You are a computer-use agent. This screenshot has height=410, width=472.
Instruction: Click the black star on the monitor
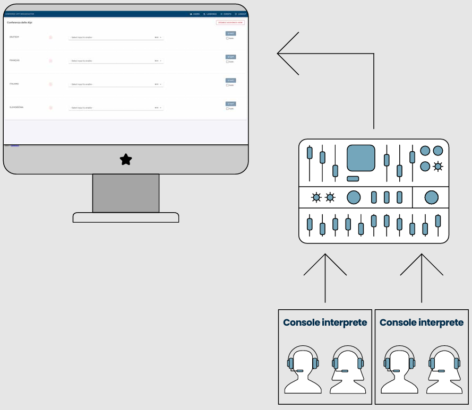pos(126,159)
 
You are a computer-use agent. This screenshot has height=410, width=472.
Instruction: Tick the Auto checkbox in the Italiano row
pos(227,85)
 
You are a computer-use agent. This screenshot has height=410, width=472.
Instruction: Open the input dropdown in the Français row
pos(116,61)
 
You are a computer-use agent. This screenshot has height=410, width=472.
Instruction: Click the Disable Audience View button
pos(230,23)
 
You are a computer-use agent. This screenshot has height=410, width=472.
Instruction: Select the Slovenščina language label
pos(16,107)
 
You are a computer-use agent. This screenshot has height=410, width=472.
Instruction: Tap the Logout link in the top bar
pos(241,14)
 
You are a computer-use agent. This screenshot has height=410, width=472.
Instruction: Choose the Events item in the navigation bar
pos(226,14)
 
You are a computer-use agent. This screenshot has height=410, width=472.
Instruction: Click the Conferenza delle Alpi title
pos(20,23)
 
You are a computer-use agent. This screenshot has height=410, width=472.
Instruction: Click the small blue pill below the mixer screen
pos(353,179)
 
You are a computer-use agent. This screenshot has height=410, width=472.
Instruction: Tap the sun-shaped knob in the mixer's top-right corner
pos(437,167)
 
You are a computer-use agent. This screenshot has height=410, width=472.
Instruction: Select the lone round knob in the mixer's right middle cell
pos(431,198)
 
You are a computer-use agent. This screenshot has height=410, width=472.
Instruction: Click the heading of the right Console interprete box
pos(422,322)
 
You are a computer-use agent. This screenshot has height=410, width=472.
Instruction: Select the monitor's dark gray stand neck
pos(126,193)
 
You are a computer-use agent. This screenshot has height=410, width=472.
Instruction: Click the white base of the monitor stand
pos(126,217)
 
